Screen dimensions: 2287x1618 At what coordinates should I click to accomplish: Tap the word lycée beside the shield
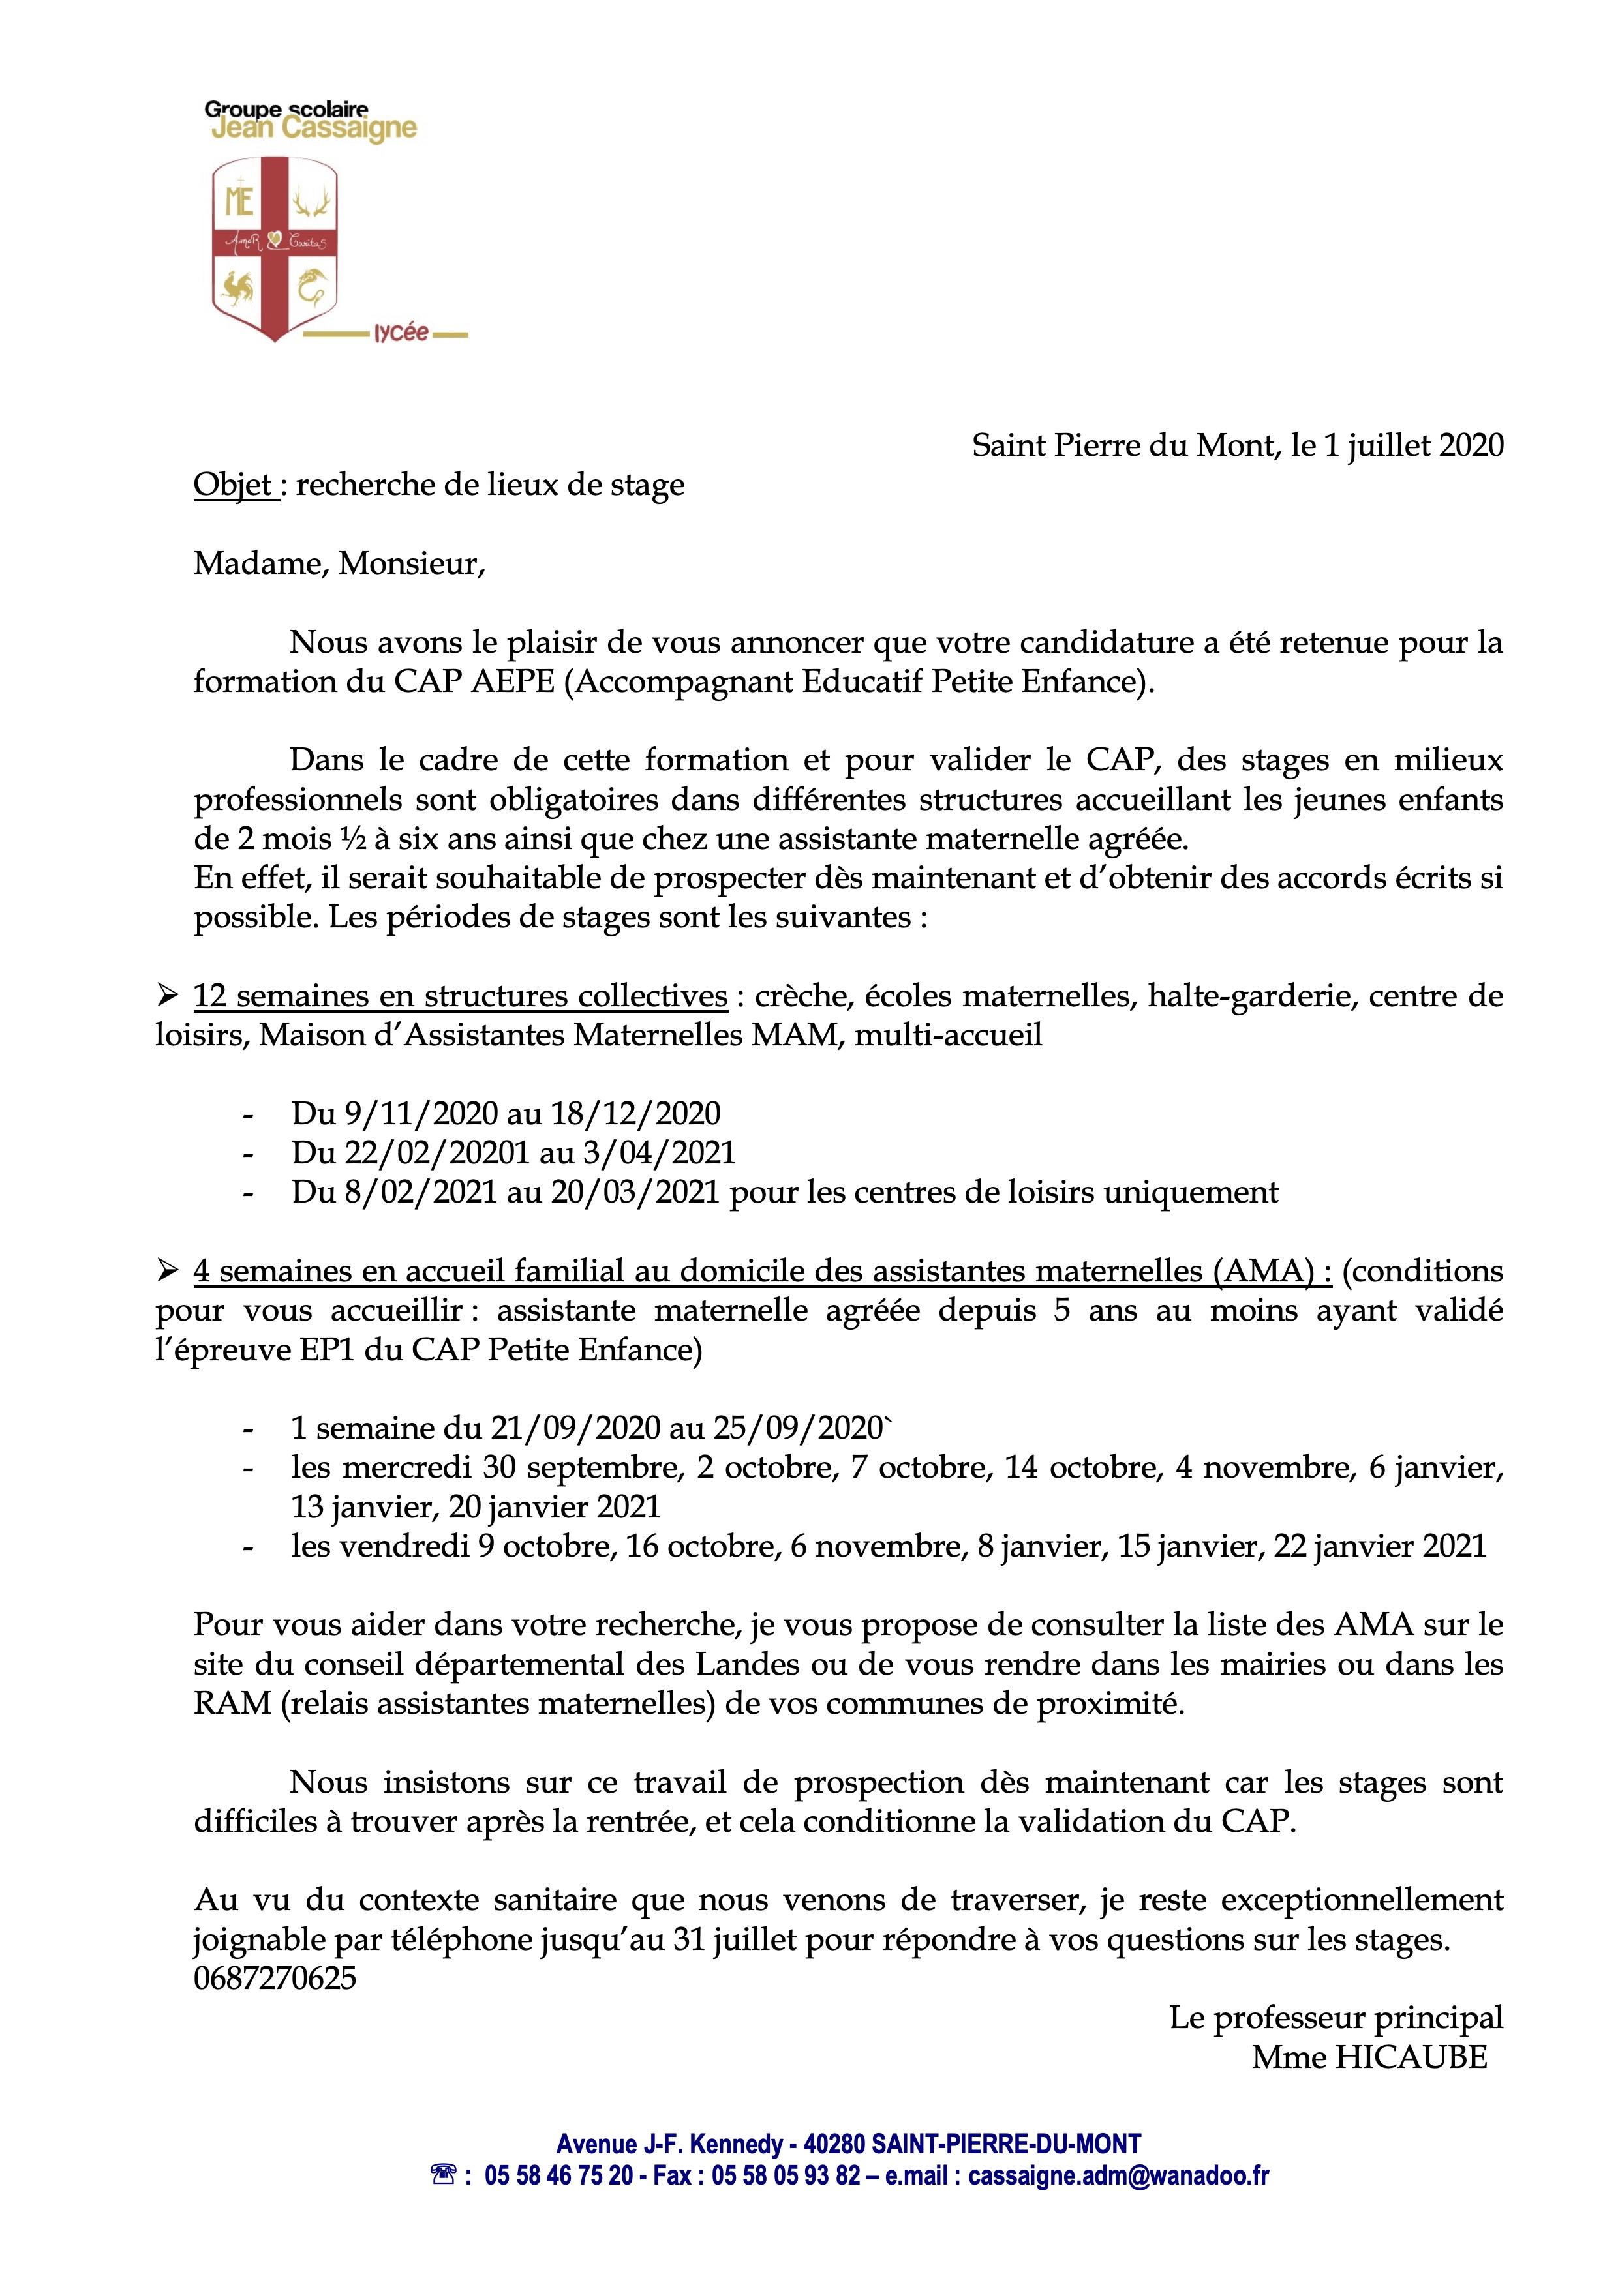pyautogui.click(x=401, y=333)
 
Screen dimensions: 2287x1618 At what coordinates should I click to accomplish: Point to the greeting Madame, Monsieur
pyautogui.click(x=339, y=564)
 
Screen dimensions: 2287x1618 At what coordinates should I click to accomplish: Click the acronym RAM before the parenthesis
pyautogui.click(x=232, y=1703)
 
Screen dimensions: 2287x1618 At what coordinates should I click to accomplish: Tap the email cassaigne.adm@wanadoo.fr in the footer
pyautogui.click(x=1119, y=2175)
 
